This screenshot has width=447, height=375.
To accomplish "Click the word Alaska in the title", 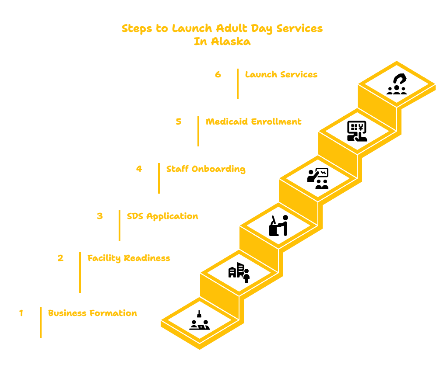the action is coord(231,42).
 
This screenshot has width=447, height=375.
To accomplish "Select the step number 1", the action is coord(21,313).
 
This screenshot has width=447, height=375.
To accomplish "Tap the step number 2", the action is coord(60,258).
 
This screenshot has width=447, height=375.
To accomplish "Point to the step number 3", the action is coord(100,216).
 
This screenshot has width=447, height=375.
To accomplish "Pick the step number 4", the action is coord(139,169).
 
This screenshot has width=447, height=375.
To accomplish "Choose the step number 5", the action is coord(179,122).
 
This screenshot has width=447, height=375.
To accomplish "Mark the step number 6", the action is coord(218,74).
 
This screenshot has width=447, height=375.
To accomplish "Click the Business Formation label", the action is coord(93,313).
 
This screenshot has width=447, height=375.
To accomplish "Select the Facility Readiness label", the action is coord(129,258).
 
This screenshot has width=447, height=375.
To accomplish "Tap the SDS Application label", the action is coord(162,216).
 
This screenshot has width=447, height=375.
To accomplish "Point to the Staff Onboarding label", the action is coord(206,169).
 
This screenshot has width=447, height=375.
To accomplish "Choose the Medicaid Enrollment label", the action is coord(254,122).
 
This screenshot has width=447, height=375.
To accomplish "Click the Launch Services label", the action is coord(282,74).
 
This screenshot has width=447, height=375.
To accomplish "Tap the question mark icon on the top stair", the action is coord(397,84).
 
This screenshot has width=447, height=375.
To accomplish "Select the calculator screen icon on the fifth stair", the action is coord(357,131).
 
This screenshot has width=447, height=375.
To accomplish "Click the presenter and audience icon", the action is coord(318,178).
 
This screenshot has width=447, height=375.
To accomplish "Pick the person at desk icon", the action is coord(278,226).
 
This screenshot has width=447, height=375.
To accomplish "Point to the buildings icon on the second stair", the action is coord(239,273).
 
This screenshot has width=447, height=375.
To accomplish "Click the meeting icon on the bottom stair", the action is coord(200,320).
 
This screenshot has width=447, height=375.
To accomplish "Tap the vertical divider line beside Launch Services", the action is coord(238,84).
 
